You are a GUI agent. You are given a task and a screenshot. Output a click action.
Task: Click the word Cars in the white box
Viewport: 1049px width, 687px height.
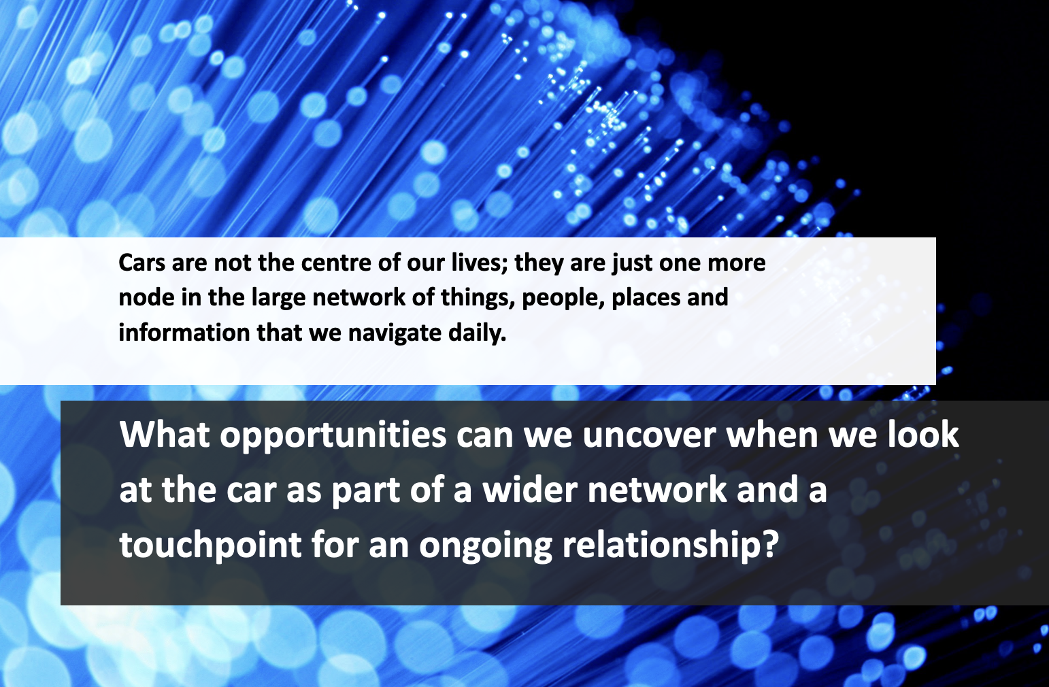(x=141, y=263)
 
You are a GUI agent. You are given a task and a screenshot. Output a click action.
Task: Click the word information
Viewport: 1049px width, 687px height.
(x=184, y=333)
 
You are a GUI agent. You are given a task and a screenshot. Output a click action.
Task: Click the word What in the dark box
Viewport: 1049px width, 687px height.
(x=165, y=435)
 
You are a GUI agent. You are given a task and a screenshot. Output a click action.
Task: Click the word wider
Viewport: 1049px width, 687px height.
(x=530, y=489)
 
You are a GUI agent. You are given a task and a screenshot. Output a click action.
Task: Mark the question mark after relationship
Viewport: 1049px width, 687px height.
(x=770, y=544)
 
